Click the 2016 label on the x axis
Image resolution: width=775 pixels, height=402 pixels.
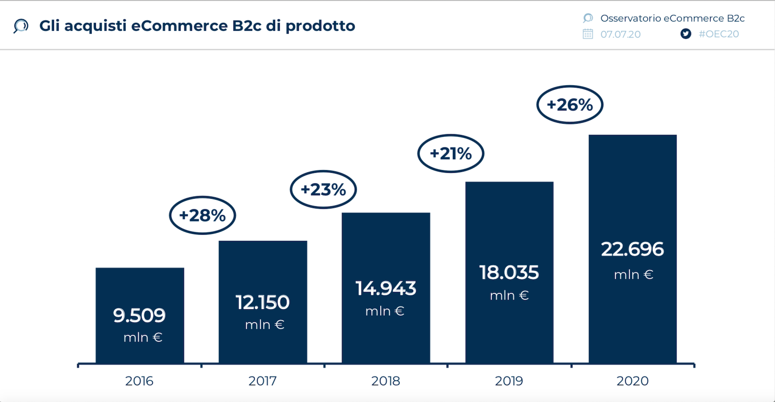coord(139,381)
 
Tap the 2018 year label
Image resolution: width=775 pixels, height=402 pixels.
coord(385,381)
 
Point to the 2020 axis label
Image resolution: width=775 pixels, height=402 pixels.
coord(632,381)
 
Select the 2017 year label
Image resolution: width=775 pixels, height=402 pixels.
coord(262,381)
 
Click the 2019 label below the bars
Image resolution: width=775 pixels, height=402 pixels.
coord(508,381)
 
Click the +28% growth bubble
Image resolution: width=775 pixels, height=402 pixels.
coord(203,215)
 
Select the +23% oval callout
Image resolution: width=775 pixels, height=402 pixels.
coord(323,190)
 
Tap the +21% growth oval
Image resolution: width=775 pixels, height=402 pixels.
coord(451,153)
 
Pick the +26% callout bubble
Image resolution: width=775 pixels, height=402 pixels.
coord(569,105)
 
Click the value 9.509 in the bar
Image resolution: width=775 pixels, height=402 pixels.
coord(139,315)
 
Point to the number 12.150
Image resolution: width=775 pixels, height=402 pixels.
coord(263,303)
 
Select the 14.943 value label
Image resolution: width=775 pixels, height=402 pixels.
coord(386,288)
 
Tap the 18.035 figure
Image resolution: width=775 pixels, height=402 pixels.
coord(509,273)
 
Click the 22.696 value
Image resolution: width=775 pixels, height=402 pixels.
coord(632,249)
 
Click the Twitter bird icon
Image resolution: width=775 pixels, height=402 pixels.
coord(685,34)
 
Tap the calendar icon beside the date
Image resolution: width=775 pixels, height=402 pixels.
coord(587,34)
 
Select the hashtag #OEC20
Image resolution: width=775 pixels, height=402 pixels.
coord(719,34)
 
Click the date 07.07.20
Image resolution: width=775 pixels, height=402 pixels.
coord(620,34)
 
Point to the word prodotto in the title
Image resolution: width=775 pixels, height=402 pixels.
coord(320,26)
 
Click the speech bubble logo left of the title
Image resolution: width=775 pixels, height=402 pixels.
coord(21,26)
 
